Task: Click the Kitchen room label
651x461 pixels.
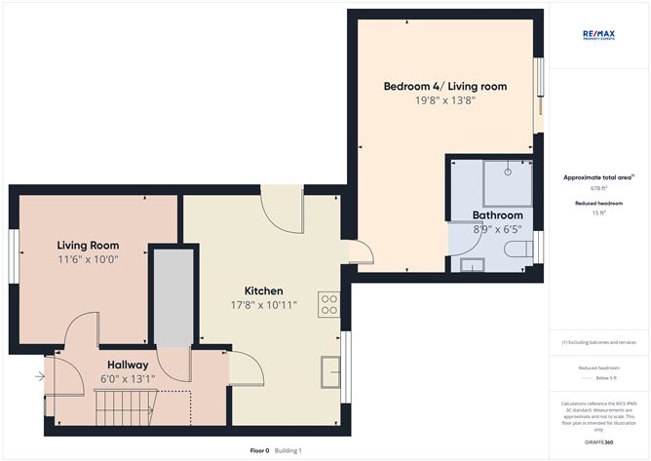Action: (263, 291)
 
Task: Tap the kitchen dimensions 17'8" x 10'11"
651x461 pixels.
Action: (263, 306)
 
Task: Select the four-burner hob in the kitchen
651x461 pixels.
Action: (328, 304)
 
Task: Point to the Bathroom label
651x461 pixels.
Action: (497, 215)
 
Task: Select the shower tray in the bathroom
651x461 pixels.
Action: (506, 173)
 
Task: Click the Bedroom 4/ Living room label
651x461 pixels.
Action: (444, 87)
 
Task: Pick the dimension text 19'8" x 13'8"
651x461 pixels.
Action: (444, 101)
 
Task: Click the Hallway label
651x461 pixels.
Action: (128, 365)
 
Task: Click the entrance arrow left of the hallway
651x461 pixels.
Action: (40, 375)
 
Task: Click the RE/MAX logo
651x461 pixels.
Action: (598, 36)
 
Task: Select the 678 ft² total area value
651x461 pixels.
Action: (597, 188)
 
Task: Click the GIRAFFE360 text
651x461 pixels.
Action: (598, 442)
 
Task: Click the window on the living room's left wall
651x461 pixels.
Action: (13, 258)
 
